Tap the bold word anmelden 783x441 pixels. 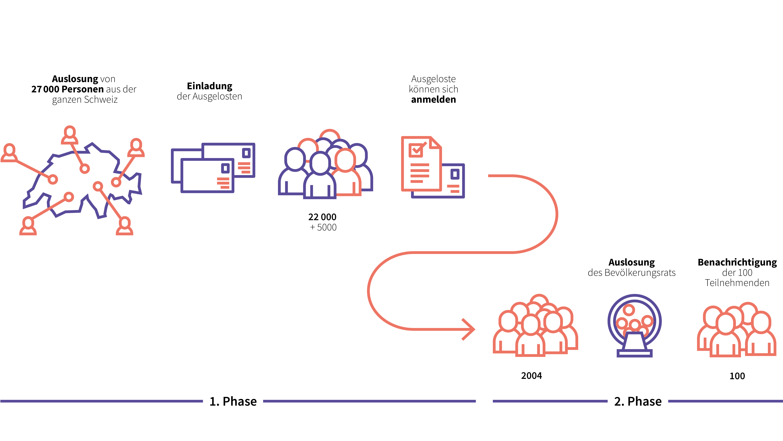(x=433, y=100)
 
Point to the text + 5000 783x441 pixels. (x=323, y=227)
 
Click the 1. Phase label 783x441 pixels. (x=233, y=401)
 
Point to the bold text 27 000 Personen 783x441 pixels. (x=67, y=89)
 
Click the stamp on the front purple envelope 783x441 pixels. (x=225, y=168)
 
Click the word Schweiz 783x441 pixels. (x=101, y=100)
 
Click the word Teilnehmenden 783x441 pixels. (x=737, y=283)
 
